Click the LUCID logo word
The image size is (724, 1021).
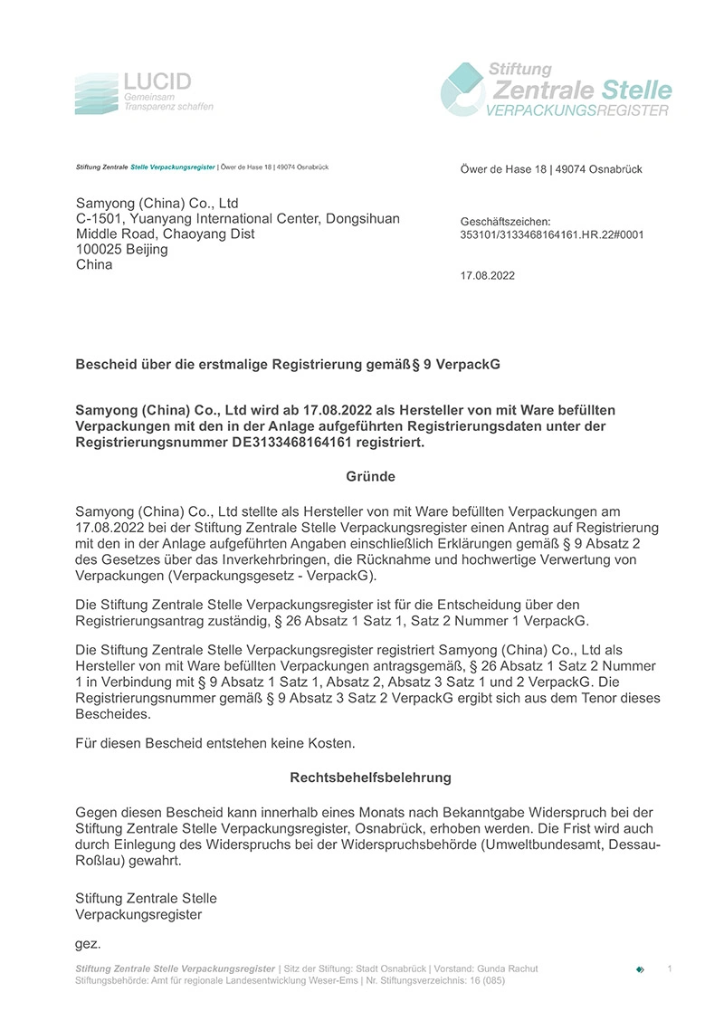(157, 81)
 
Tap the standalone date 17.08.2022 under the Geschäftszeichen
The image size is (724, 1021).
(488, 276)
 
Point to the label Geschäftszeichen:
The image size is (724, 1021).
(505, 221)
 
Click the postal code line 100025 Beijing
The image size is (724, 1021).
(121, 249)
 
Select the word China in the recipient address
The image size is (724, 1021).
(94, 264)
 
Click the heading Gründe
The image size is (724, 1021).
(370, 476)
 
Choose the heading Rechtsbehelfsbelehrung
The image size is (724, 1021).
(370, 778)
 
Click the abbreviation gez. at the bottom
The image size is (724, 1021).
(88, 943)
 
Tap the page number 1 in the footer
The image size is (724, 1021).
(670, 969)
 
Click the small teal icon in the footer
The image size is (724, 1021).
(641, 969)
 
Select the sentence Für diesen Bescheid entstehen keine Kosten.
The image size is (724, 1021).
(215, 743)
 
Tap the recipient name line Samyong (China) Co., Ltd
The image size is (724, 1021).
(157, 203)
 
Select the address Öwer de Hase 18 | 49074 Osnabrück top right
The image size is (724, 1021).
(551, 170)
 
